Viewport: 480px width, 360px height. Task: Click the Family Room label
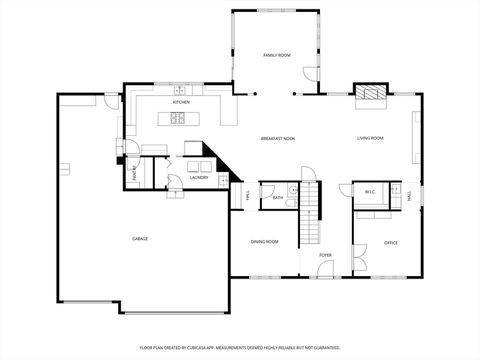click(x=277, y=55)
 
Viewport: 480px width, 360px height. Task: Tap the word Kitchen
click(x=181, y=102)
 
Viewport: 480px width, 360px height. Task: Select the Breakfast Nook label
click(x=278, y=138)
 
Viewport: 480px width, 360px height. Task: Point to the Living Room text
click(x=371, y=138)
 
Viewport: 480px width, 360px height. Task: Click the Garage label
click(x=140, y=238)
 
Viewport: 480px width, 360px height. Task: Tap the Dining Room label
click(x=265, y=242)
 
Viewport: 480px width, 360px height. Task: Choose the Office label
click(x=392, y=242)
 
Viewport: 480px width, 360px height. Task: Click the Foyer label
click(x=326, y=255)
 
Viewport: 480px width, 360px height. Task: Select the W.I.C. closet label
click(x=370, y=191)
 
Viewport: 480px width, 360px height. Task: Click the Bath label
click(x=277, y=198)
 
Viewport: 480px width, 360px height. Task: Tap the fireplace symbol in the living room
click(x=372, y=93)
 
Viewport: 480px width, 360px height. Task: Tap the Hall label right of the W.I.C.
click(x=409, y=197)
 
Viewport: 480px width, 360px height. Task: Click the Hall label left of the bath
click(x=248, y=197)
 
